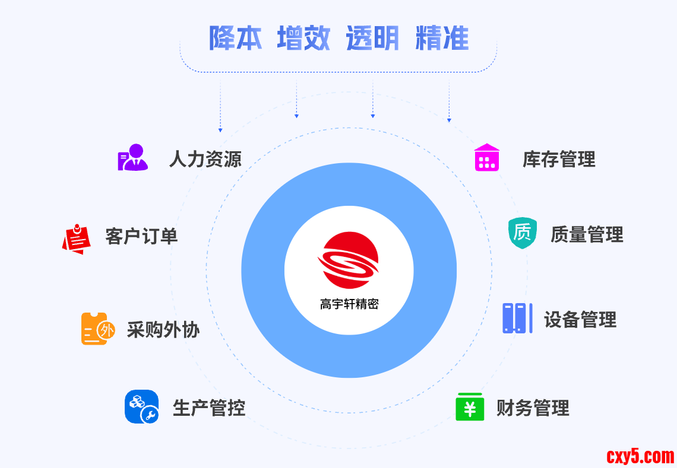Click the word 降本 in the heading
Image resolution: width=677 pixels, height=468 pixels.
pos(235,38)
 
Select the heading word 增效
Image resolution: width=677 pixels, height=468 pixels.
pos(304,38)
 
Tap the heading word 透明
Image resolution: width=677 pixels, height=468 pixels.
pos(373,38)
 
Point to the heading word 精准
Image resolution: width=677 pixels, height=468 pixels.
pos(442,38)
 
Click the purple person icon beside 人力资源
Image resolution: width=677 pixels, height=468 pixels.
pos(132,158)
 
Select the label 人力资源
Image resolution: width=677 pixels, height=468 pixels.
pos(205,159)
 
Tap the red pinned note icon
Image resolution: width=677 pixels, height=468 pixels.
pos(77,238)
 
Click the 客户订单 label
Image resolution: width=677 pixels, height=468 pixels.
pos(141,235)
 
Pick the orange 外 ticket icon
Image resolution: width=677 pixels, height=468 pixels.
pos(94,329)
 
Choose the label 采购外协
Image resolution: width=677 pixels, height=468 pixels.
pos(163,330)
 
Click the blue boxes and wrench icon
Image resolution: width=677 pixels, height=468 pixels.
pos(141,406)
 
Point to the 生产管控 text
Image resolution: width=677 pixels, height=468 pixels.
pos(209,407)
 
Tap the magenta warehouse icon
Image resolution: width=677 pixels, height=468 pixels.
pos(487,158)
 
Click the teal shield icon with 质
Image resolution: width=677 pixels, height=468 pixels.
pos(523,233)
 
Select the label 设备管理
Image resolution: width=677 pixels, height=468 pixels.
pos(580,320)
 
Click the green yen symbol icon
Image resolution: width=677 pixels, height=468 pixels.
pos(470,407)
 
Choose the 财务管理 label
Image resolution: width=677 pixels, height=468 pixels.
pos(533,408)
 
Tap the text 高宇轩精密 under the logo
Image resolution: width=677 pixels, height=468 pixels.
pos(349,304)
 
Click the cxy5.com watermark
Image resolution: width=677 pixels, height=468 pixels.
pos(640,456)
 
